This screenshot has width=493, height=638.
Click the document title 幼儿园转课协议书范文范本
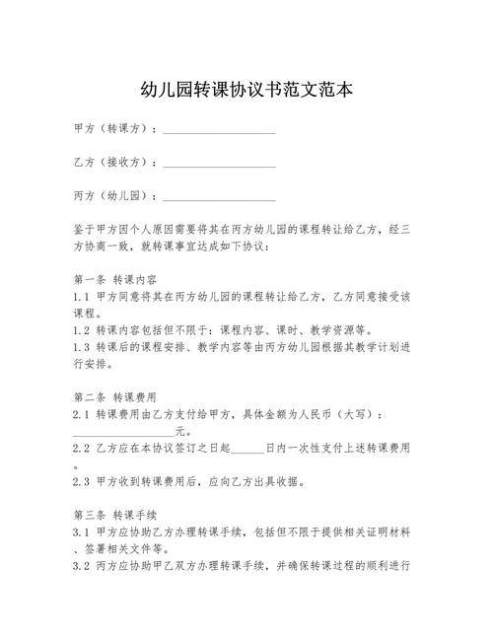pos(246,90)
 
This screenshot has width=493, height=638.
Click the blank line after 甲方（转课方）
pos(219,130)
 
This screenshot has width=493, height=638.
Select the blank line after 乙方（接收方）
pos(219,162)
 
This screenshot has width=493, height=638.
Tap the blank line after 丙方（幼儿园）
pos(219,194)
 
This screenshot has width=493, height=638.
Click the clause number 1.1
pos(82,296)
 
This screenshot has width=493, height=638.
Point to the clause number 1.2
pos(82,330)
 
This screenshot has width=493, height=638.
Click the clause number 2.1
pos(82,414)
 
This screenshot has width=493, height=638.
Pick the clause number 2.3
pos(82,482)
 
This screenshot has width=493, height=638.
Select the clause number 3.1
pos(82,532)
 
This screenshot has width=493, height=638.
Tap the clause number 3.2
pos(82,567)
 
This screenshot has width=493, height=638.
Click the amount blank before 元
pos(123,432)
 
